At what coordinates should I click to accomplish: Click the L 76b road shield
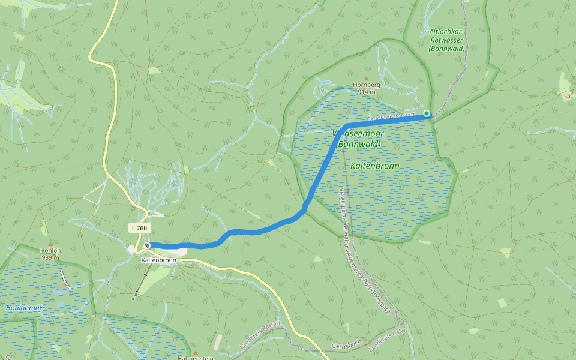(139, 228)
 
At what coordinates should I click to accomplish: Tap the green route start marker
(427, 113)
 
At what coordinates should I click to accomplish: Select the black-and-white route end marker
(146, 245)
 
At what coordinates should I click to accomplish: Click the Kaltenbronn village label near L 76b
(158, 260)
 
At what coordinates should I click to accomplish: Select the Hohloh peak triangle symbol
(50, 244)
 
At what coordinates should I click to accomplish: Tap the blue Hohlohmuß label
(25, 308)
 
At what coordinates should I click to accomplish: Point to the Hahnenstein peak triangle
(196, 352)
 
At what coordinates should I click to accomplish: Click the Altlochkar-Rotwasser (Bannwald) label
(447, 40)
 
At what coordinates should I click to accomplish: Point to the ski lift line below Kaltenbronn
(142, 280)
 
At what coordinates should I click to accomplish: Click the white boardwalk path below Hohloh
(67, 279)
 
